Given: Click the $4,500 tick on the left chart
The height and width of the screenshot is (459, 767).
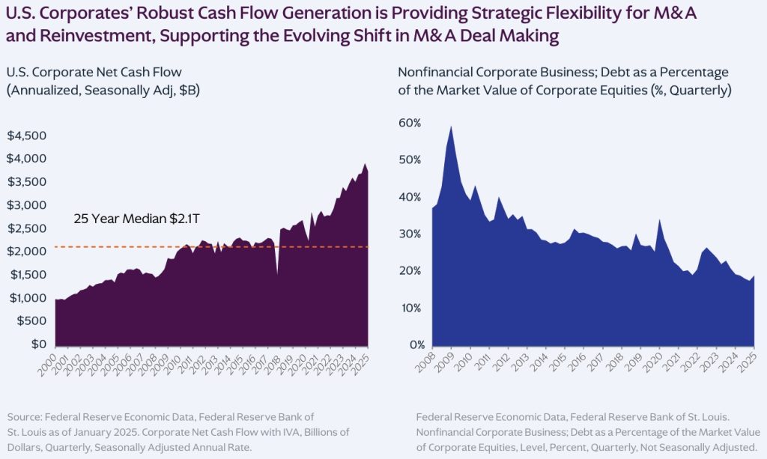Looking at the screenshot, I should (25, 136).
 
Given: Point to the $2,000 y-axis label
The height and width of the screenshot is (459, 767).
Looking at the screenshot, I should (25, 252).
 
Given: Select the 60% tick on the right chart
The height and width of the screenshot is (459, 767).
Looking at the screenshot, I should (410, 123).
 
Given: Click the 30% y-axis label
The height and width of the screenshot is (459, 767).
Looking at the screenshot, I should (410, 234).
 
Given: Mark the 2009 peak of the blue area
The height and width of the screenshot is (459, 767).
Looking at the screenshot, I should (450, 127).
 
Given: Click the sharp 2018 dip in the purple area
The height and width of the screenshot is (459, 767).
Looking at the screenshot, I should (277, 273).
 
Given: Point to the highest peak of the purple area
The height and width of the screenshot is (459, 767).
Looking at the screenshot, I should (365, 164).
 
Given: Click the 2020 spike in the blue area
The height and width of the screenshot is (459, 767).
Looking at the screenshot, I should (659, 220).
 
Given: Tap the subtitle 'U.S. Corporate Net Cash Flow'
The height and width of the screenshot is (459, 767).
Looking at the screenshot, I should (94, 72).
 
